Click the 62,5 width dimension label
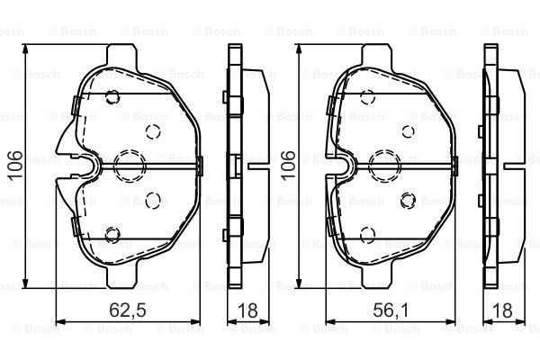pyautogui.click(x=128, y=310)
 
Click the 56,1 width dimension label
pyautogui.click(x=391, y=310)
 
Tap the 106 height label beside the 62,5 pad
pyautogui.click(x=15, y=165)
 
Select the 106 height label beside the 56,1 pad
pyautogui.click(x=288, y=165)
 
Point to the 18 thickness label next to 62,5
pyautogui.click(x=247, y=310)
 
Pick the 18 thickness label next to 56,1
pyautogui.click(x=503, y=310)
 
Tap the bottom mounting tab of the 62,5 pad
pyautogui.click(x=121, y=276)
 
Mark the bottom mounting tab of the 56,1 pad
pyautogui.click(x=375, y=276)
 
